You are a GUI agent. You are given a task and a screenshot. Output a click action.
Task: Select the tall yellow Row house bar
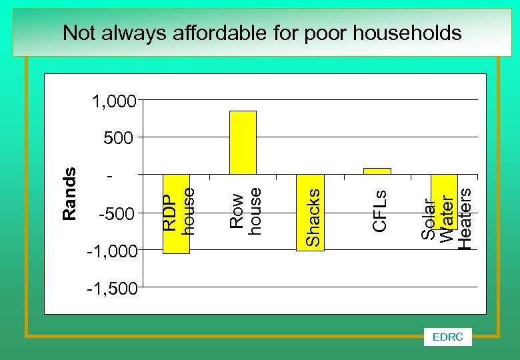[243, 142]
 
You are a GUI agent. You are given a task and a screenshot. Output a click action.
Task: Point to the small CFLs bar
[377, 171]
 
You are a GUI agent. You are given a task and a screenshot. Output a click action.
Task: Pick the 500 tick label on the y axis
[119, 138]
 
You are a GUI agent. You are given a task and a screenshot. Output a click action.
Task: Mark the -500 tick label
[116, 214]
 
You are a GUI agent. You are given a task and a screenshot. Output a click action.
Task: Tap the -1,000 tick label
[111, 251]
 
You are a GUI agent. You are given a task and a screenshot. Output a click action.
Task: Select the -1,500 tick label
[111, 289]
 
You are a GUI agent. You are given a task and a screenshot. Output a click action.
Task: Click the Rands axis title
[69, 194]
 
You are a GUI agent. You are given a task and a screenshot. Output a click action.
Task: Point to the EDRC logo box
[447, 337]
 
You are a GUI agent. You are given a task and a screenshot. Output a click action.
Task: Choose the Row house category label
[245, 210]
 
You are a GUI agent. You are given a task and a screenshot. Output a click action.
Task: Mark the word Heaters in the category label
[465, 218]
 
